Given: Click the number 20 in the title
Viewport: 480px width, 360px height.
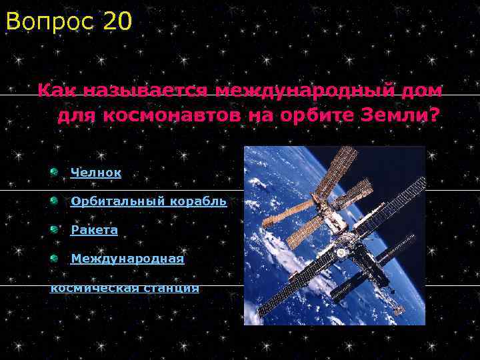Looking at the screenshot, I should click(x=118, y=22).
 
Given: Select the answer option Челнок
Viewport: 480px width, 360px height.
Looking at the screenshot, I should click(x=96, y=173).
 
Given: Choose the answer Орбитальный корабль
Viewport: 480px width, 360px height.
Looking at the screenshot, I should click(x=148, y=201).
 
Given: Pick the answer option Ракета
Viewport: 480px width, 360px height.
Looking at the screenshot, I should click(x=94, y=230).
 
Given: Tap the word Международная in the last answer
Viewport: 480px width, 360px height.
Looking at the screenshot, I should click(x=127, y=258).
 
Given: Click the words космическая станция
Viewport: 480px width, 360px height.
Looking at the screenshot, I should click(x=125, y=287).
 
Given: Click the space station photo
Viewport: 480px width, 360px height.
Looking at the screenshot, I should click(x=334, y=235).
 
